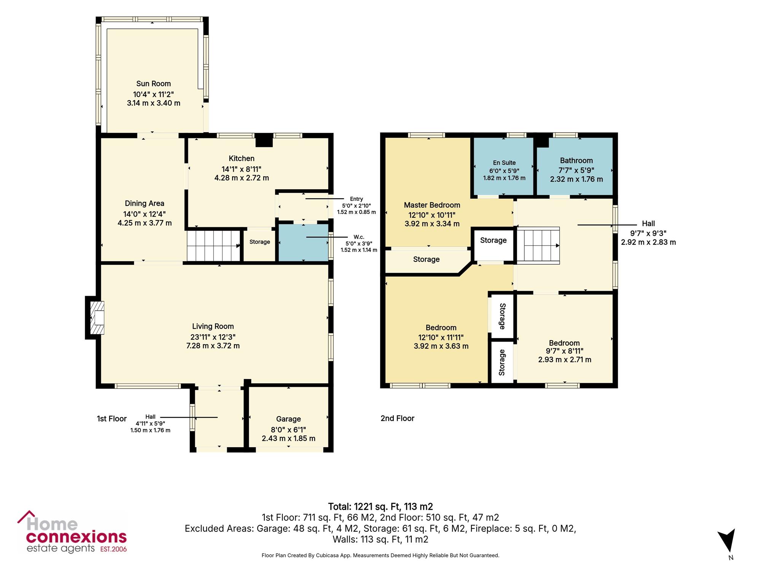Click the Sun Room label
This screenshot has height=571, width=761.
(x=153, y=84)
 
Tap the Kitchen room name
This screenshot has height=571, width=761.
(x=242, y=158)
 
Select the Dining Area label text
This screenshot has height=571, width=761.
(x=145, y=204)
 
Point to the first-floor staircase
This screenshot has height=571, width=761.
(x=213, y=246)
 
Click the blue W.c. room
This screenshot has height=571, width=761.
(x=303, y=242)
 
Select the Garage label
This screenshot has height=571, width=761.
(x=288, y=419)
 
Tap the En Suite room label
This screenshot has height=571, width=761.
(x=504, y=163)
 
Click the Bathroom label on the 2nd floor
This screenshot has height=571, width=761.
(x=576, y=161)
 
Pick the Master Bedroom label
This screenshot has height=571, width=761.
(x=432, y=205)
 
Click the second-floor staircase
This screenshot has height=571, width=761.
(x=538, y=245)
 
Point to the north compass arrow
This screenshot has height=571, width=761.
(x=727, y=541)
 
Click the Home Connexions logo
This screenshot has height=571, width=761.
(x=72, y=532)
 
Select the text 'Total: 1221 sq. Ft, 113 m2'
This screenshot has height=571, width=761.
(x=380, y=507)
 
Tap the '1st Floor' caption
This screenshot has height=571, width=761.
(x=111, y=419)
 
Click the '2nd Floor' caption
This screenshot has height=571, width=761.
(x=397, y=418)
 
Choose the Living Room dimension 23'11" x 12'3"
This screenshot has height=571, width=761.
(x=213, y=337)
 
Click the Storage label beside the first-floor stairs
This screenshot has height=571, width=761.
(x=260, y=242)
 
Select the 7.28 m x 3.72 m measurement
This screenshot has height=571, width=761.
(x=213, y=346)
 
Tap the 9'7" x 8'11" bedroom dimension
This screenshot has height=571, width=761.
(x=565, y=351)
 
